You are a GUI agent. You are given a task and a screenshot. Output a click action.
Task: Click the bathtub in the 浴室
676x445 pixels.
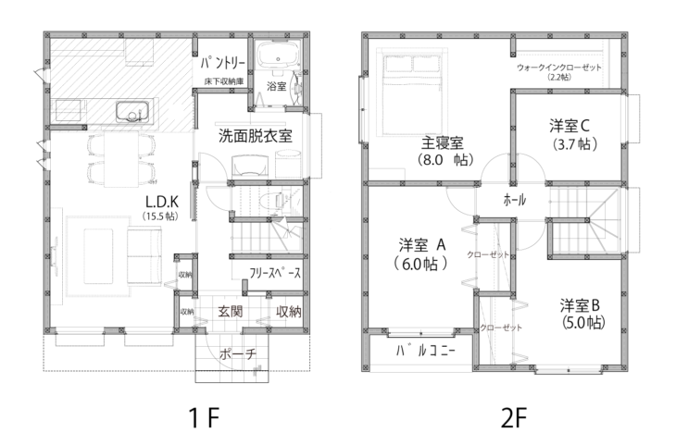(278, 56)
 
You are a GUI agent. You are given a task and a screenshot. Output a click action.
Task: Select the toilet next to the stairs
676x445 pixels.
(272, 201)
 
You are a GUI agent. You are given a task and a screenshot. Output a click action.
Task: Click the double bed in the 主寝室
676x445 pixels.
(413, 92)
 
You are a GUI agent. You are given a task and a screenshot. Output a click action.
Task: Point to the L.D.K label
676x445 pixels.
(162, 202)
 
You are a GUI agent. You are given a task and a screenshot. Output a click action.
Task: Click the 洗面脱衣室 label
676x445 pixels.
(256, 136)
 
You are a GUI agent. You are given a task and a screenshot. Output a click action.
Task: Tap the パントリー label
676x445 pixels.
(223, 64)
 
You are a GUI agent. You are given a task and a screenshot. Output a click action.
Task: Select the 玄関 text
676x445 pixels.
(230, 312)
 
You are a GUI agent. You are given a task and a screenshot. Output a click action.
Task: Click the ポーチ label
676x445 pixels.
(238, 354)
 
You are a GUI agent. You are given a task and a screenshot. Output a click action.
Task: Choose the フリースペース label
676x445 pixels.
(275, 273)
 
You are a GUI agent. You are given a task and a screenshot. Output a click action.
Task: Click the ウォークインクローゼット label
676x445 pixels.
(559, 68)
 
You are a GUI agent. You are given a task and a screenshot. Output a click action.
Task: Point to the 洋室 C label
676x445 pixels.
(570, 126)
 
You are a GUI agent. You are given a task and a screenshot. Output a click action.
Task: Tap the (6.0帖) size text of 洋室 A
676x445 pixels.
(420, 264)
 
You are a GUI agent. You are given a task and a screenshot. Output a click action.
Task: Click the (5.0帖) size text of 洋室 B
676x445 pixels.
(583, 322)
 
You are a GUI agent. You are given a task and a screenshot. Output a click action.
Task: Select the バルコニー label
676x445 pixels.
(426, 352)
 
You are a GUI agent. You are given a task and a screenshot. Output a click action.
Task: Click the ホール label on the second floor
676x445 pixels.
(515, 201)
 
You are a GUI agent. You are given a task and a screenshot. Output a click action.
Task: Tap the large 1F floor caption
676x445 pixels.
(205, 417)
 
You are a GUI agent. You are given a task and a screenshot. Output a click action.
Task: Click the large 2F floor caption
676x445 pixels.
(514, 417)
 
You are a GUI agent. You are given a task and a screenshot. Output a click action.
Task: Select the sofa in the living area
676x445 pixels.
(144, 256)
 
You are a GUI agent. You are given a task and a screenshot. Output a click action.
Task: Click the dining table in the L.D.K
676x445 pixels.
(121, 159)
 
